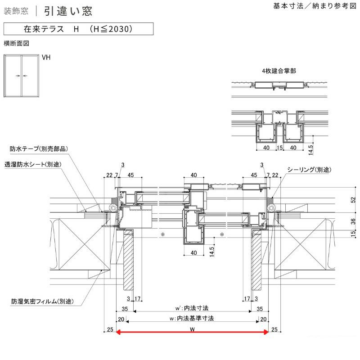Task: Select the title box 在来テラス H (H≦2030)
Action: [x=78, y=29]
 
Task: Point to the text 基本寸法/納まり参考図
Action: [x=314, y=7]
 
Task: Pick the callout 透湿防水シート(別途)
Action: [x=33, y=164]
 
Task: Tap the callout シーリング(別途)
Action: [x=309, y=170]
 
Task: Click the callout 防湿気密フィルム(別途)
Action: [x=43, y=301]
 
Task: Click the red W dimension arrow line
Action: [x=192, y=333]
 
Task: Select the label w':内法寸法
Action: [x=192, y=309]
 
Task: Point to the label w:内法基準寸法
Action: [x=192, y=318]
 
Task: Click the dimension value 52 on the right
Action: [x=353, y=199]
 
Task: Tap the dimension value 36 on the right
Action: [x=353, y=221]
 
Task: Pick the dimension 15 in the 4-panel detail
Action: [x=279, y=147]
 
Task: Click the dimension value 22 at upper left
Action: [x=109, y=175]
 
